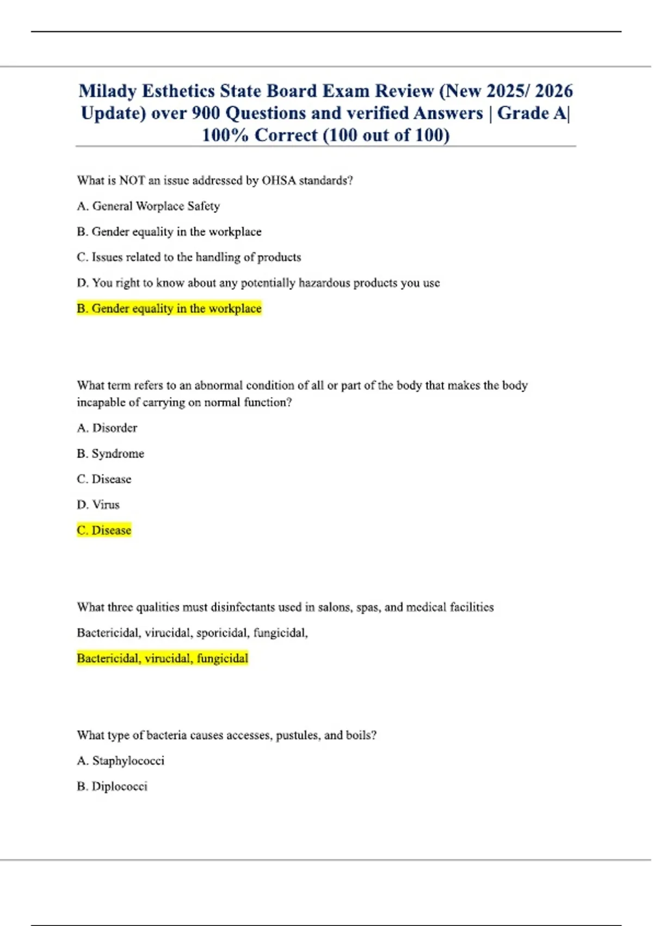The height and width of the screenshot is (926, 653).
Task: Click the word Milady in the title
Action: (x=107, y=91)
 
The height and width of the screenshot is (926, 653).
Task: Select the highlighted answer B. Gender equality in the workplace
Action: (x=169, y=308)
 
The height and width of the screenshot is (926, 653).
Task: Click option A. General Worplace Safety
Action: (x=148, y=206)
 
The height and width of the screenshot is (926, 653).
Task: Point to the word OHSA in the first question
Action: (x=279, y=180)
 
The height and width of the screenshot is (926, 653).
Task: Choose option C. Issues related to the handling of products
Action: (x=188, y=257)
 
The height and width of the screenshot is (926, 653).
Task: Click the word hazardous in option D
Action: (x=324, y=283)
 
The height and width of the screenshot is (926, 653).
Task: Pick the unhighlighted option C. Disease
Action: (x=104, y=479)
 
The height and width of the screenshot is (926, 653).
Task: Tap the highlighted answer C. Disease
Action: (x=104, y=530)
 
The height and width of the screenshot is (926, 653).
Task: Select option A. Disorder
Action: (x=107, y=428)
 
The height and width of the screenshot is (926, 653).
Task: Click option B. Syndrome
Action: (x=110, y=453)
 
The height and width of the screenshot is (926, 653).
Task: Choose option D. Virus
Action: (x=98, y=504)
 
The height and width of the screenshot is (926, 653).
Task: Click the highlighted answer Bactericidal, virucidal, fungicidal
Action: (x=162, y=658)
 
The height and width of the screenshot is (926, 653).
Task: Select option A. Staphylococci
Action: (x=120, y=760)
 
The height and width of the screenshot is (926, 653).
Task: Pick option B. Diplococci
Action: (x=112, y=786)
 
